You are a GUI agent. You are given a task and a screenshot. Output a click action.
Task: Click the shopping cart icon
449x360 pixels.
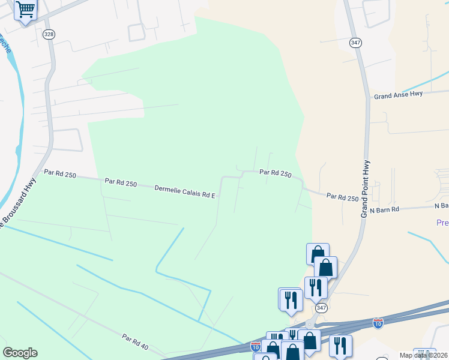tap(25, 10)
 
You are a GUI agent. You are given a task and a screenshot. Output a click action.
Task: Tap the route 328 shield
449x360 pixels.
tap(49, 34)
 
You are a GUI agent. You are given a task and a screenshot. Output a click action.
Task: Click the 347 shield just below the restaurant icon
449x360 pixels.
tap(322, 308)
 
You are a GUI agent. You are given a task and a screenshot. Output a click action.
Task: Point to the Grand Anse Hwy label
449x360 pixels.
tap(398, 95)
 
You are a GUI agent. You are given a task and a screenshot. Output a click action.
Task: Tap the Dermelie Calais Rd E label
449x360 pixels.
tap(184, 191)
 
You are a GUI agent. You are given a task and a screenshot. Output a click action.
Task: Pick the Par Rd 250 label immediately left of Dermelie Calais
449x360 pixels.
tap(121, 181)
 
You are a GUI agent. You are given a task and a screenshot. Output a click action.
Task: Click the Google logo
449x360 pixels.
tap(20, 353)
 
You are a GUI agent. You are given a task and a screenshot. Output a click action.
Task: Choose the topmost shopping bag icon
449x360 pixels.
tap(318, 253)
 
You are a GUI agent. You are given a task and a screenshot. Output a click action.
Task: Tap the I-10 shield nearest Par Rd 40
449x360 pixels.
tap(256, 346)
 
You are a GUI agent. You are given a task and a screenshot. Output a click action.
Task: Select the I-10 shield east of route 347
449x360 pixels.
tap(378, 323)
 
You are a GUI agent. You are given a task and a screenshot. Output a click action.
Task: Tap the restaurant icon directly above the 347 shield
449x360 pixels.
tap(315, 287)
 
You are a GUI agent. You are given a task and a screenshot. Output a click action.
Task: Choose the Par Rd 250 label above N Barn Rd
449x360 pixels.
tap(342, 197)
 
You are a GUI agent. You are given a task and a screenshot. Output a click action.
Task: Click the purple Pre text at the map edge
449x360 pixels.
tap(442, 223)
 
